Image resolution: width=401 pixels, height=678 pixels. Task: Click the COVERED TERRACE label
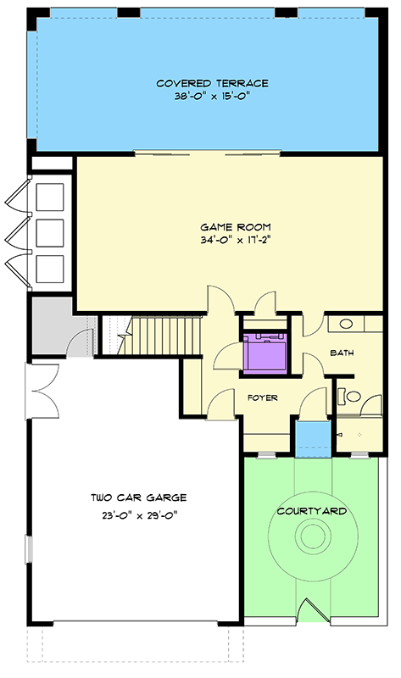[212, 83]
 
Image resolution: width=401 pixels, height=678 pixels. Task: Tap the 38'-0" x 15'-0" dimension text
[212, 97]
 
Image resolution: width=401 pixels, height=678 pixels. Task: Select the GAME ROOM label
[235, 227]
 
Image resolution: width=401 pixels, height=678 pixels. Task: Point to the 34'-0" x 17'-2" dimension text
[235, 241]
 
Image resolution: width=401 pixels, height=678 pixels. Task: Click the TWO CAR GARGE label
[139, 498]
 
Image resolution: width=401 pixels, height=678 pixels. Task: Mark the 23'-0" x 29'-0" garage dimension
[139, 513]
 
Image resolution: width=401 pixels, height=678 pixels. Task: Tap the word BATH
[341, 353]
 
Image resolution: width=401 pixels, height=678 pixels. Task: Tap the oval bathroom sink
[346, 324]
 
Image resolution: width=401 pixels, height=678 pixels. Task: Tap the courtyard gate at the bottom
[311, 612]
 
